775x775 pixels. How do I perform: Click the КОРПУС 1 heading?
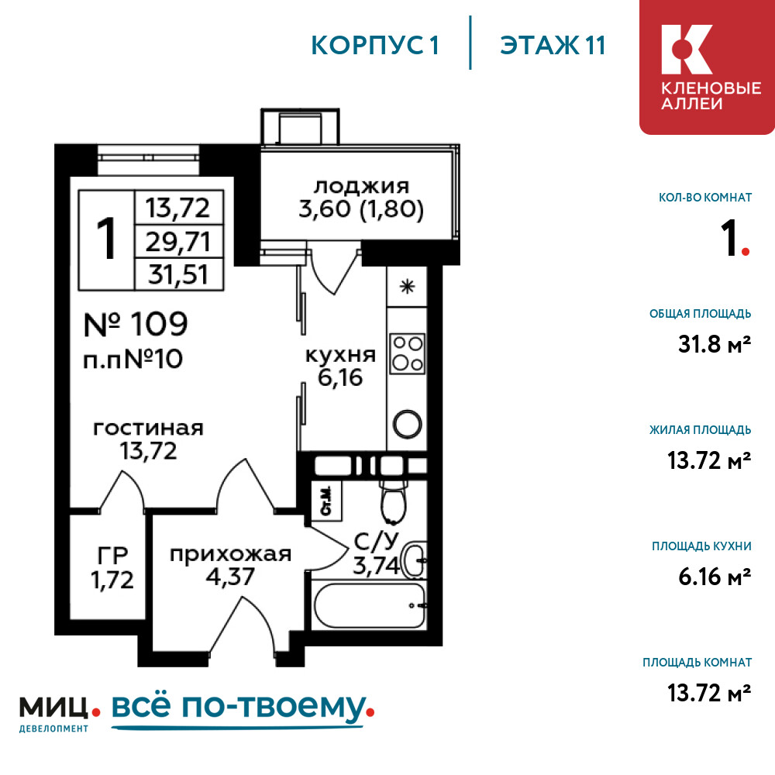tap(374, 46)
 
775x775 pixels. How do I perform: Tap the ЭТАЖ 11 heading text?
tap(553, 46)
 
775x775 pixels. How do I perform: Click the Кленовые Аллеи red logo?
tap(708, 67)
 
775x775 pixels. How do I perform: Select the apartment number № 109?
tap(136, 324)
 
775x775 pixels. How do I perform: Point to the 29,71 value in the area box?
tap(178, 242)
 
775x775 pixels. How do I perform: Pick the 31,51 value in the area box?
tap(178, 274)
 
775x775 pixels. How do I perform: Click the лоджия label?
tap(361, 186)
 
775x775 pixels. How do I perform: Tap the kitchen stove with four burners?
tap(408, 353)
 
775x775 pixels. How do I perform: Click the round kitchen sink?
tap(408, 424)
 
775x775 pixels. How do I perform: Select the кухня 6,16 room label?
tap(340, 367)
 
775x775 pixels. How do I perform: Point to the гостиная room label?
tap(148, 429)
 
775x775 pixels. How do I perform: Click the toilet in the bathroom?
tap(394, 500)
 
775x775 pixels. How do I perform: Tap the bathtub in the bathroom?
tap(369, 605)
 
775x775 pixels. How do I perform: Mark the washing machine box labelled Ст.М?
tap(326, 501)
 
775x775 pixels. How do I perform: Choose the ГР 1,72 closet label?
tap(112, 567)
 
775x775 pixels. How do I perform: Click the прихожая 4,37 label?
tap(230, 566)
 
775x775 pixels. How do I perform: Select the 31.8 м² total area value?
tap(715, 344)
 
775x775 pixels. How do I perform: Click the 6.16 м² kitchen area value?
tap(715, 577)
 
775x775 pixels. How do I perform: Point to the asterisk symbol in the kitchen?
tap(407, 286)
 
